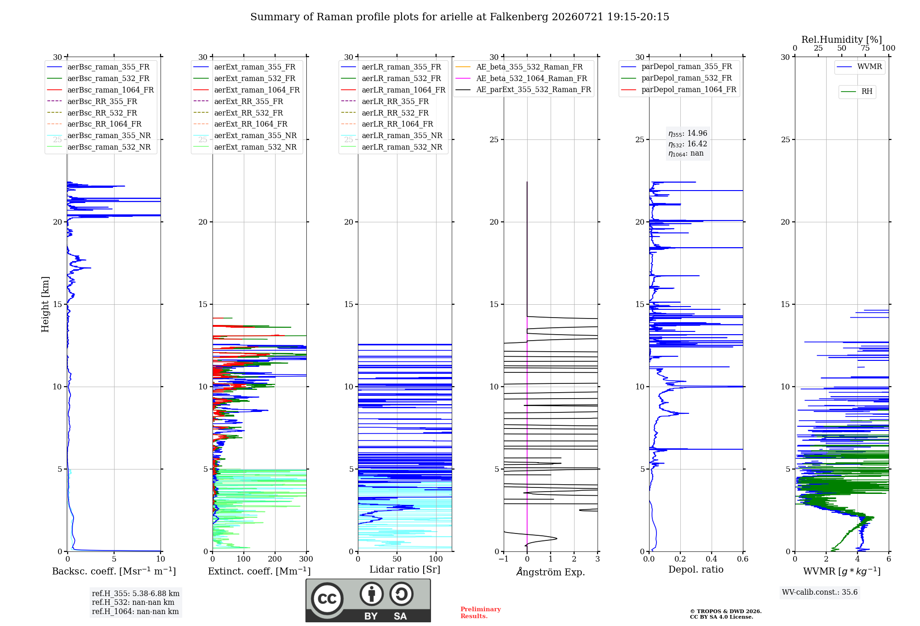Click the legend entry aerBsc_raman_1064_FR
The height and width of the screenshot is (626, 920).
pyautogui.click(x=100, y=90)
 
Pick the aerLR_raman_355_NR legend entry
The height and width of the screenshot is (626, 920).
pyautogui.click(x=392, y=136)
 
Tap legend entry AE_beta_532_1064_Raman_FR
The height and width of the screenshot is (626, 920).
pyautogui.click(x=521, y=79)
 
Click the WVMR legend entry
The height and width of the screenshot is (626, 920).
pyautogui.click(x=860, y=67)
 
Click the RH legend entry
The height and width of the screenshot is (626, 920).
pyautogui.click(x=857, y=92)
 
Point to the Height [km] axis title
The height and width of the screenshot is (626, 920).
pyautogui.click(x=45, y=304)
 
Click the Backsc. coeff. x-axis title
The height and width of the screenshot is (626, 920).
pyautogui.click(x=114, y=571)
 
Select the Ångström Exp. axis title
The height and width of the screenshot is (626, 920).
pyautogui.click(x=551, y=572)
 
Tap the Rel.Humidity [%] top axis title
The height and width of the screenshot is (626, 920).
pyautogui.click(x=842, y=40)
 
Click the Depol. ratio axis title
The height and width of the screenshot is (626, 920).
pyautogui.click(x=696, y=569)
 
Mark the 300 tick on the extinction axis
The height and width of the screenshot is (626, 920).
pyautogui.click(x=306, y=559)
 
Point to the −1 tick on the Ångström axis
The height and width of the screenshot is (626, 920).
pyautogui.click(x=504, y=559)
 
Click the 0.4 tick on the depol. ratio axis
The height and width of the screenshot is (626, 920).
pyautogui.click(x=712, y=559)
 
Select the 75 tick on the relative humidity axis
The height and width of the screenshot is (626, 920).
pyautogui.click(x=865, y=48)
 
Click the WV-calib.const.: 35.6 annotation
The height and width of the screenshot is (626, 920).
pyautogui.click(x=820, y=592)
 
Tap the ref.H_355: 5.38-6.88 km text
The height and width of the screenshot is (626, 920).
pyautogui.click(x=136, y=594)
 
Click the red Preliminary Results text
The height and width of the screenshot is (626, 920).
pyautogui.click(x=481, y=613)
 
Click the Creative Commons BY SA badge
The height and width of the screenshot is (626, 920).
pyautogui.click(x=368, y=601)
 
